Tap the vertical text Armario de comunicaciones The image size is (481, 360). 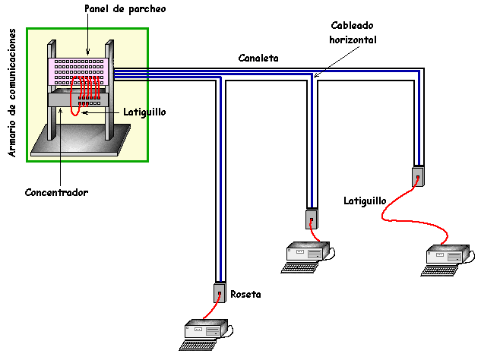[12, 93]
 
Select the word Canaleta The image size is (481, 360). [258, 58]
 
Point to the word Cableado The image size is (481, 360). [350, 25]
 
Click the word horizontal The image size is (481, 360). [350, 39]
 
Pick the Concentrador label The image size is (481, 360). [57, 192]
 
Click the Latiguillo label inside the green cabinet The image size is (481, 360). [144, 112]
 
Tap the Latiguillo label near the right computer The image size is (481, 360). [365, 201]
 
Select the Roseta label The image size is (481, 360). [245, 294]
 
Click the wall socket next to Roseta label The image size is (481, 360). [219, 292]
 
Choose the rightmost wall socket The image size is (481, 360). [418, 176]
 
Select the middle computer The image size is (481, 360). [307, 251]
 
